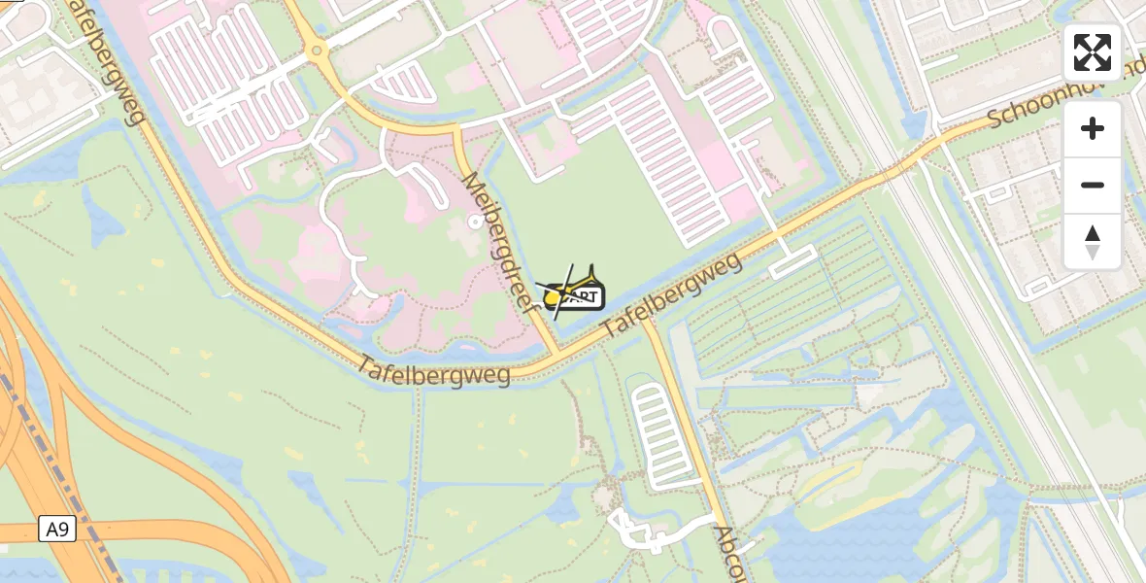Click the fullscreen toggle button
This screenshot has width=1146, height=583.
pyautogui.click(x=1093, y=52)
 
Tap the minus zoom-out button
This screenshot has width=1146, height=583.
pyautogui.click(x=1093, y=185)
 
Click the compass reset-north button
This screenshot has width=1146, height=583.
pyautogui.click(x=1093, y=242)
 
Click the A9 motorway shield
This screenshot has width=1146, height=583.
pyautogui.click(x=57, y=530)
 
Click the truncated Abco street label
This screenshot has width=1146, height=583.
pyautogui.click(x=729, y=554)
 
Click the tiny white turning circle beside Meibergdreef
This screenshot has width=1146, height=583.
pyautogui.click(x=474, y=222)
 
